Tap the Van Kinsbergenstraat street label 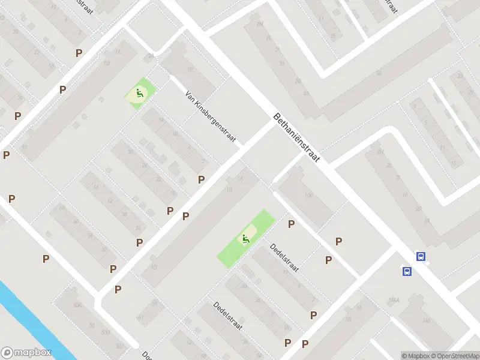(212, 118)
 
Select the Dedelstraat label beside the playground (284, 257)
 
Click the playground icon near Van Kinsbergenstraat (139, 93)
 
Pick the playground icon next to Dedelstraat (245, 239)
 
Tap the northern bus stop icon (421, 256)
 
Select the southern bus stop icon (407, 271)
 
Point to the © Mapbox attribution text (415, 356)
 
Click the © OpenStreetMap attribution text (455, 356)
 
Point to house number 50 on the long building (379, 73)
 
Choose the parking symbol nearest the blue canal (46, 259)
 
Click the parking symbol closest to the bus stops (339, 241)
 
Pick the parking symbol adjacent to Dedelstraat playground (292, 224)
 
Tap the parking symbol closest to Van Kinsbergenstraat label (202, 179)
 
